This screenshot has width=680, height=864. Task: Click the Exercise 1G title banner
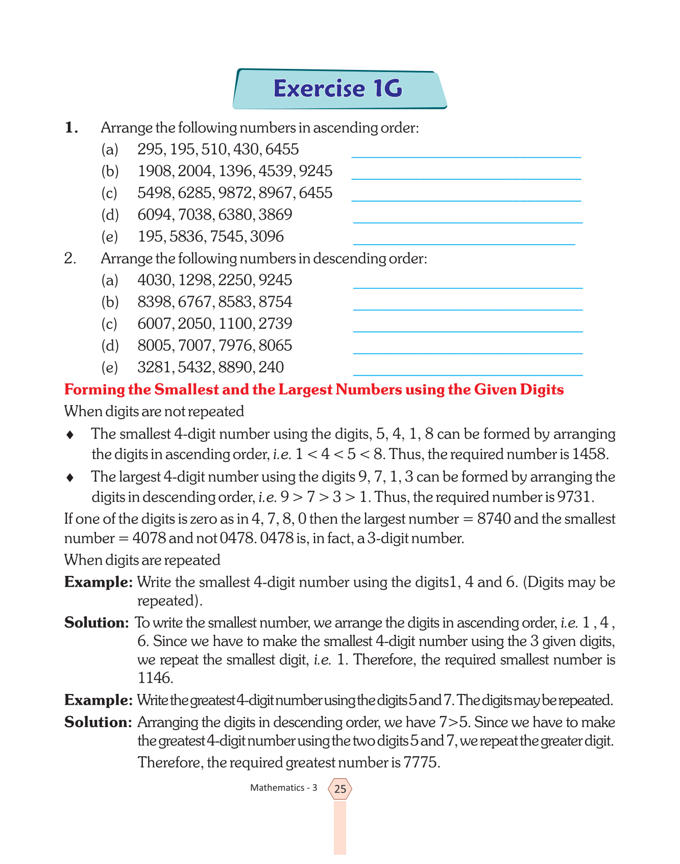pyautogui.click(x=339, y=89)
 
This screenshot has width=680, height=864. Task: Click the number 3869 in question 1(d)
pyautogui.click(x=275, y=215)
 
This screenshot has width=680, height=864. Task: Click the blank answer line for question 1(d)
pyautogui.click(x=468, y=222)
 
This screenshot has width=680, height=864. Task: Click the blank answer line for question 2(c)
pyautogui.click(x=468, y=331)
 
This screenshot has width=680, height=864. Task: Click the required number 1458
pyautogui.click(x=590, y=454)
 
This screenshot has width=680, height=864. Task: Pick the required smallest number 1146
pyautogui.click(x=155, y=678)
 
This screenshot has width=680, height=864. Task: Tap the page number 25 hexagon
pyautogui.click(x=340, y=789)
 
